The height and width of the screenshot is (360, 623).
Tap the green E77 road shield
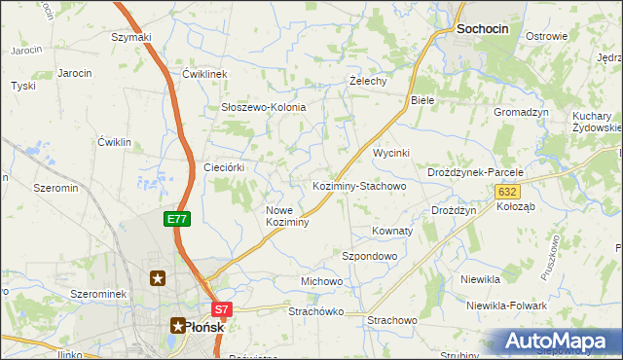176,220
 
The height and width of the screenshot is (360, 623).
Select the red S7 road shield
222,310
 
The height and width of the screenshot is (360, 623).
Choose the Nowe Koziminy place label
287,216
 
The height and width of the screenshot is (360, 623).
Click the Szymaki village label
131,38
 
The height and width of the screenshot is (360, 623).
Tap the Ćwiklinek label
204,74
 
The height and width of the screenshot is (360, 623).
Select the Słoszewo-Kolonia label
264,107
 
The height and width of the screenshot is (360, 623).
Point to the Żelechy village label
369,82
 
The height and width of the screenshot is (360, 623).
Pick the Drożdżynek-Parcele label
475,172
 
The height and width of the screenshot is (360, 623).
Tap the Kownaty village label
392,232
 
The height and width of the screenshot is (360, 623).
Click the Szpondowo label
370,256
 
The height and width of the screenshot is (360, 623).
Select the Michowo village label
321,281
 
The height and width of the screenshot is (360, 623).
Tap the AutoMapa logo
557,342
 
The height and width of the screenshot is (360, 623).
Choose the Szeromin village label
55,187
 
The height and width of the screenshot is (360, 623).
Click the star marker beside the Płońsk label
178,326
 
